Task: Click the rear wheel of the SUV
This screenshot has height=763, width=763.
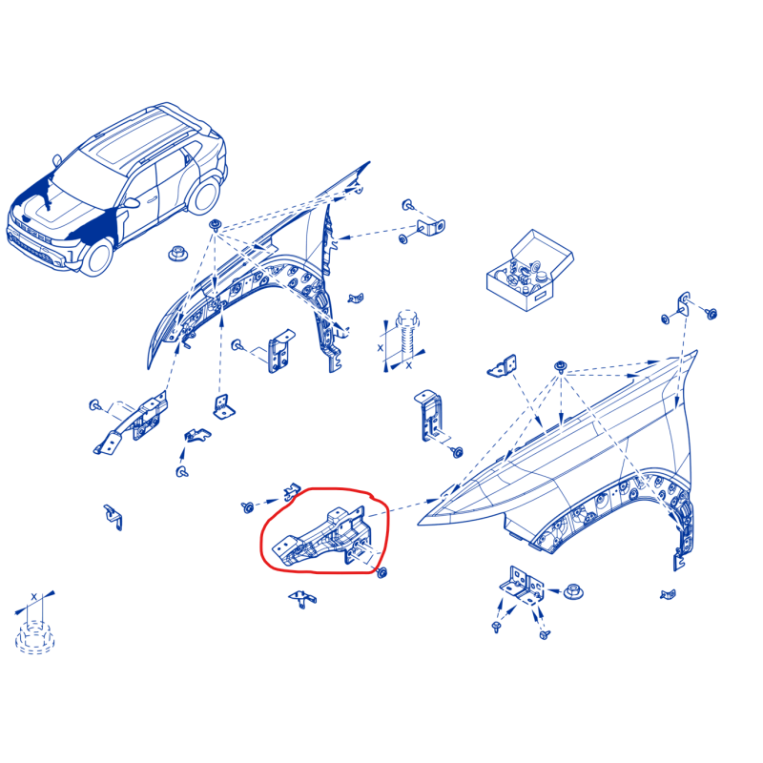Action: pos(204,196)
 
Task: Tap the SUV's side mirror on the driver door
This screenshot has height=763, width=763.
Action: pos(132,202)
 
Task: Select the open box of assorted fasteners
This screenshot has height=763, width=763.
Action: pos(529,270)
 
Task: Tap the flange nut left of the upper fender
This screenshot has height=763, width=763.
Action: pos(177,254)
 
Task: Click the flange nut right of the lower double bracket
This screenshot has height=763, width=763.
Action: pos(573,592)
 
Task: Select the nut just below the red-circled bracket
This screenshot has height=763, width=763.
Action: pos(382,572)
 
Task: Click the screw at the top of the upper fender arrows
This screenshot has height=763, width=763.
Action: pos(216,225)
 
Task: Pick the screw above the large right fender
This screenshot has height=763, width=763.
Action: pos(561,366)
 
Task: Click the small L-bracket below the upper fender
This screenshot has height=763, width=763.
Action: pos(223,407)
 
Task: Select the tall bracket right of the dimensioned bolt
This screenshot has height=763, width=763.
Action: pos(428,415)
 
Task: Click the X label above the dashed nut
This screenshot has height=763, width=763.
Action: pos(33,596)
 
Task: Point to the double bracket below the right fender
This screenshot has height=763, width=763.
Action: pos(522,586)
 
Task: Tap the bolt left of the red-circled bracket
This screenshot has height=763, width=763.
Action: pos(247,507)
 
